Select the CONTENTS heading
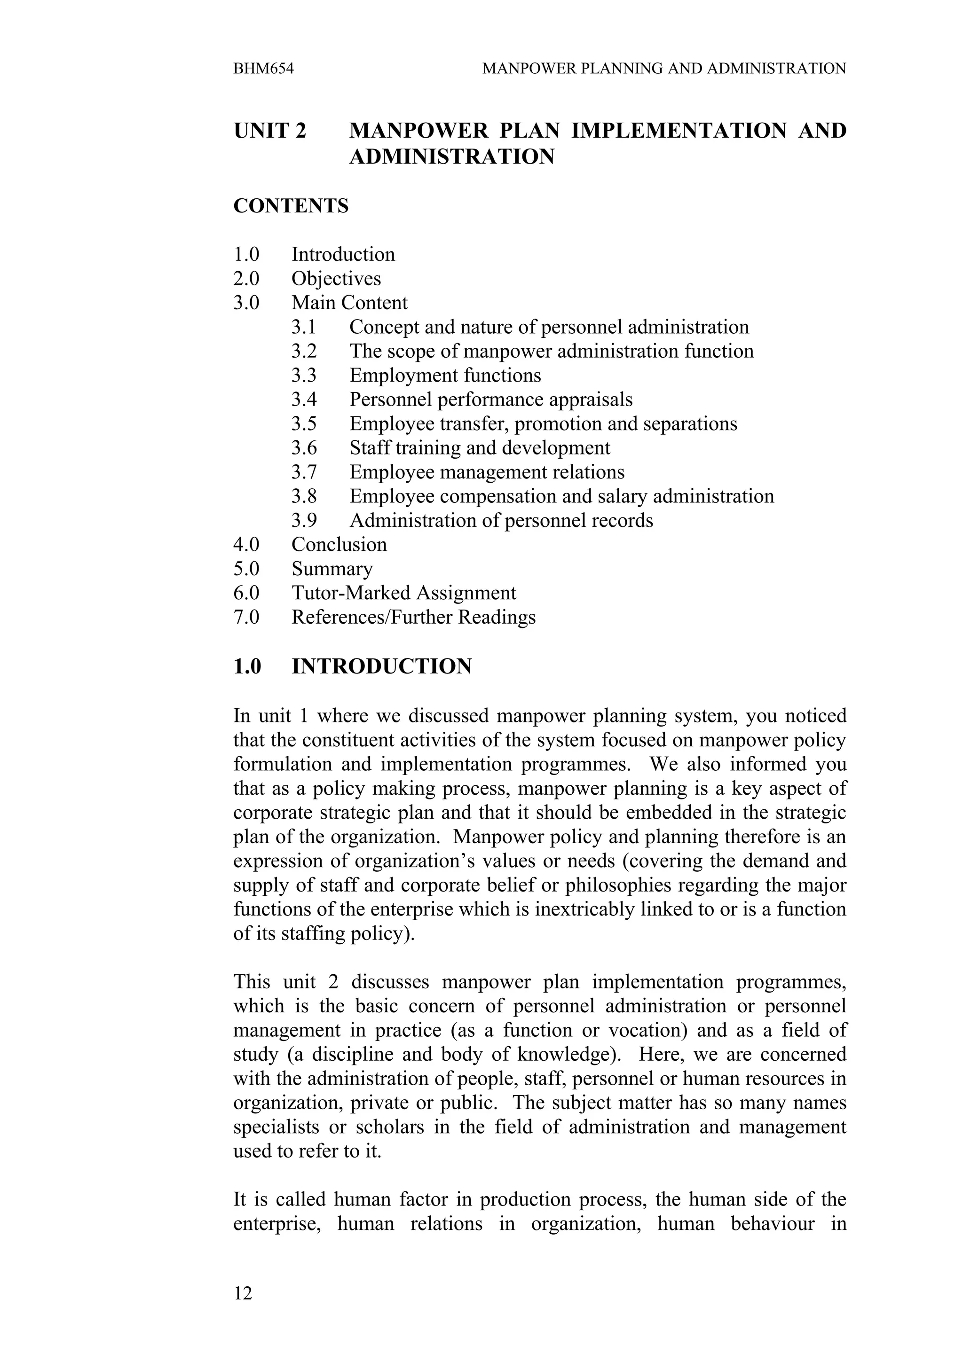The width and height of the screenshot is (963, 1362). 291,206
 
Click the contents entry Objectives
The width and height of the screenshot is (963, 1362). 336,278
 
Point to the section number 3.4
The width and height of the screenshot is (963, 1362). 304,399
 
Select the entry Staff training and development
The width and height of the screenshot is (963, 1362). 480,448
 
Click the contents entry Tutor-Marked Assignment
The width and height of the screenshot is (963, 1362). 403,593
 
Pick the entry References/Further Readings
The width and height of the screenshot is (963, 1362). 413,617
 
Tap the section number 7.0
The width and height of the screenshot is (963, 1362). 246,617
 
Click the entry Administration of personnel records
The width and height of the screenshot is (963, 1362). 501,520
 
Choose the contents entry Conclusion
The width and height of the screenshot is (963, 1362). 339,545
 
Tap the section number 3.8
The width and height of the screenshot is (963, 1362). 304,496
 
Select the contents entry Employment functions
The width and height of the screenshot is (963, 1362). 445,375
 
